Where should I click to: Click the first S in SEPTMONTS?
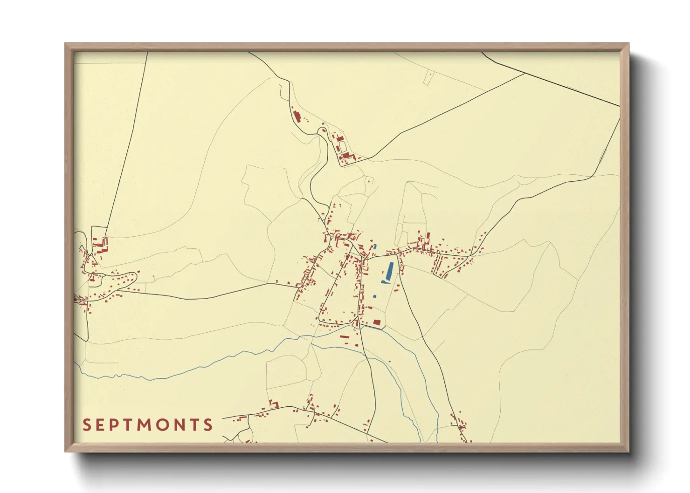[x=86, y=425]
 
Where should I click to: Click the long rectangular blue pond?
[x=389, y=271]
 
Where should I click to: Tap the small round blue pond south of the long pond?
[x=374, y=296]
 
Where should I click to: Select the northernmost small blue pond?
[x=374, y=246]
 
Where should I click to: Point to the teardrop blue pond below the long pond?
[x=384, y=282]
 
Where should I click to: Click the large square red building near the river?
[x=376, y=322]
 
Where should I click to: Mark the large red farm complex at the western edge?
[x=100, y=244]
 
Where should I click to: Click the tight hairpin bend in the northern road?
[x=322, y=130]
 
